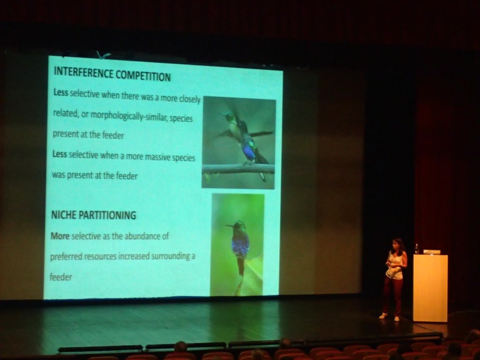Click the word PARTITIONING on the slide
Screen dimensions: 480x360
pos(107,215)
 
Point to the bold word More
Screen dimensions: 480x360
pos(60,236)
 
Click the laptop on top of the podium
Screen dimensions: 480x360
pos(432,252)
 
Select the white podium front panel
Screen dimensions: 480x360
pos(430,288)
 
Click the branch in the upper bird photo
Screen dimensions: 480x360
pos(238,169)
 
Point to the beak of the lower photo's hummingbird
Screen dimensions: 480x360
pos(230,226)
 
